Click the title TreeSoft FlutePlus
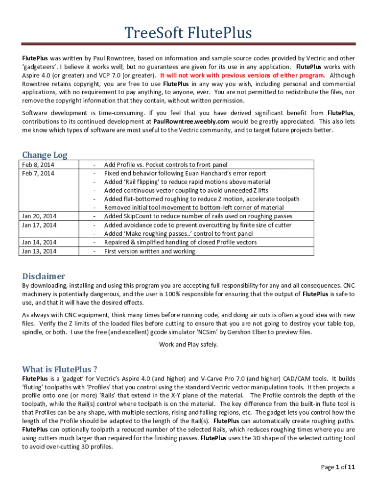click(188, 33)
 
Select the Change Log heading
click(45, 155)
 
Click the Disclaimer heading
click(44, 276)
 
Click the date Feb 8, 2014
click(38, 165)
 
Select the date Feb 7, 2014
click(38, 173)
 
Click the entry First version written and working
click(149, 251)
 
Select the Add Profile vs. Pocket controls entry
click(165, 165)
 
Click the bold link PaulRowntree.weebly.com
click(191, 121)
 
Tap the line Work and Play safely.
click(188, 344)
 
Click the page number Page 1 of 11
click(338, 467)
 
